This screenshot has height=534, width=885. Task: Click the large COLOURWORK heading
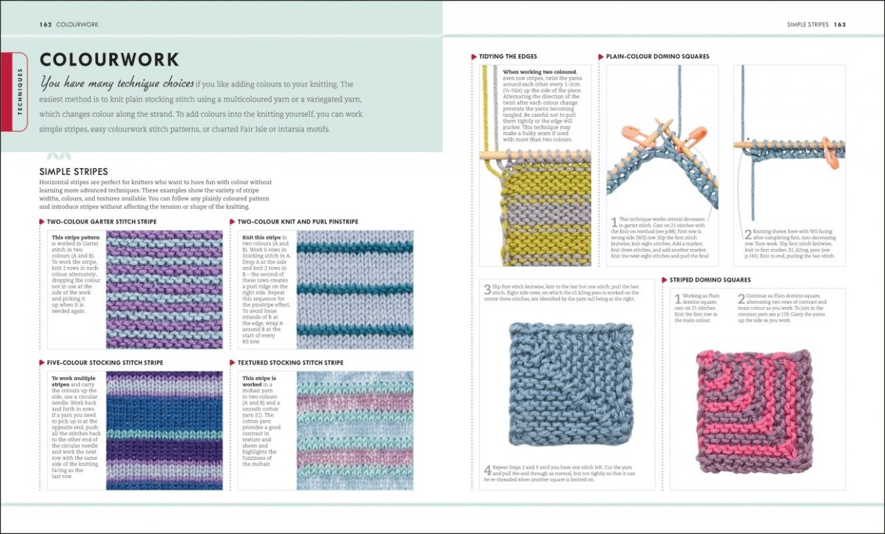pyautogui.click(x=109, y=59)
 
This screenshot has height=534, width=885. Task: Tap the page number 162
pyautogui.click(x=46, y=25)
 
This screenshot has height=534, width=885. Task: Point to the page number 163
pyautogui.click(x=839, y=25)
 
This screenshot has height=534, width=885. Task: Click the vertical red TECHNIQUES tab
pyautogui.click(x=20, y=91)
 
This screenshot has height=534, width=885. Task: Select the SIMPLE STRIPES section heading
pyautogui.click(x=73, y=172)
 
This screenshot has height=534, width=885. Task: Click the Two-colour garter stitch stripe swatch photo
pyautogui.click(x=164, y=289)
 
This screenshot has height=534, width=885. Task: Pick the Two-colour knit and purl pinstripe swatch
pyautogui.click(x=355, y=289)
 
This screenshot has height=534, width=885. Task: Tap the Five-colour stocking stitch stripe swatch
pyautogui.click(x=164, y=430)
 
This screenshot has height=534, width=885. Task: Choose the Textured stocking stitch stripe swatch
pyautogui.click(x=355, y=430)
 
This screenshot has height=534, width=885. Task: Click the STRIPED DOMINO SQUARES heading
pyautogui.click(x=710, y=280)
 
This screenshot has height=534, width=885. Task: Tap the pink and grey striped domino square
pyautogui.click(x=754, y=410)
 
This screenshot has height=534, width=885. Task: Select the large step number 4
pyautogui.click(x=487, y=471)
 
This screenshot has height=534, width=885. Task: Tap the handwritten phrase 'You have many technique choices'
pyautogui.click(x=117, y=84)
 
